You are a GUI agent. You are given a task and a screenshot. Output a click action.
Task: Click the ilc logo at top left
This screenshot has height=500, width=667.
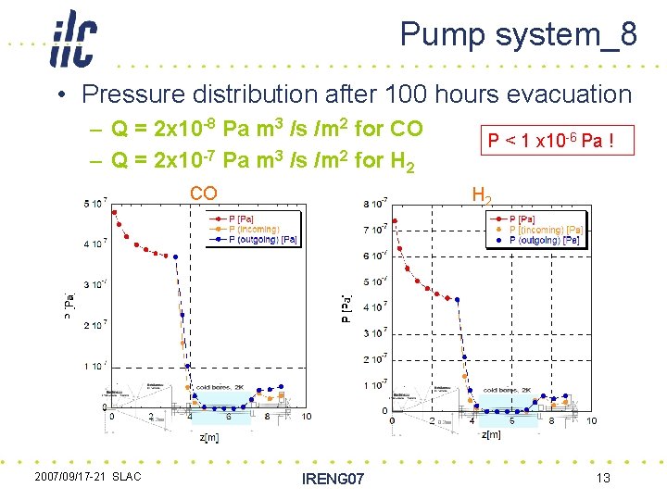[x=73, y=40]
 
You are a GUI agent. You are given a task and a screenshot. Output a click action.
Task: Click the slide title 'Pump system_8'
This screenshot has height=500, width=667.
[x=518, y=35]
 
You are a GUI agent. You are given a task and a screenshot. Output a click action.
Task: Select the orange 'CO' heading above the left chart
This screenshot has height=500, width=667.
[x=204, y=193]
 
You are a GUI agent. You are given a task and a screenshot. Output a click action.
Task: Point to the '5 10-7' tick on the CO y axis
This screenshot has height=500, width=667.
[x=94, y=204]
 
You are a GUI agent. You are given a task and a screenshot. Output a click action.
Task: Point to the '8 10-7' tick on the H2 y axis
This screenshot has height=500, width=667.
[x=374, y=203]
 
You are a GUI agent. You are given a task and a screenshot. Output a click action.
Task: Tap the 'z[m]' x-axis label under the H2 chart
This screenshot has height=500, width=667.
[x=492, y=434]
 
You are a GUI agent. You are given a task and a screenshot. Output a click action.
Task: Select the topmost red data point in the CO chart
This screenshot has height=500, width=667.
[x=114, y=212]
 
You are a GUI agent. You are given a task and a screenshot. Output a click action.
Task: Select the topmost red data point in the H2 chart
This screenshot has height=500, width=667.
[x=396, y=221]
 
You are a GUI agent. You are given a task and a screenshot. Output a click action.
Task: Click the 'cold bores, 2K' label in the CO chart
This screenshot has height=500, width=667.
[x=220, y=387]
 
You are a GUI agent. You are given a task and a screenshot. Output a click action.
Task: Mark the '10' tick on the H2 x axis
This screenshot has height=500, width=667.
[x=591, y=421]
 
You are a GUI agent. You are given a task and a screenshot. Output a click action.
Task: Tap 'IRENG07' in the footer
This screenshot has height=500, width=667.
[x=333, y=479]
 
